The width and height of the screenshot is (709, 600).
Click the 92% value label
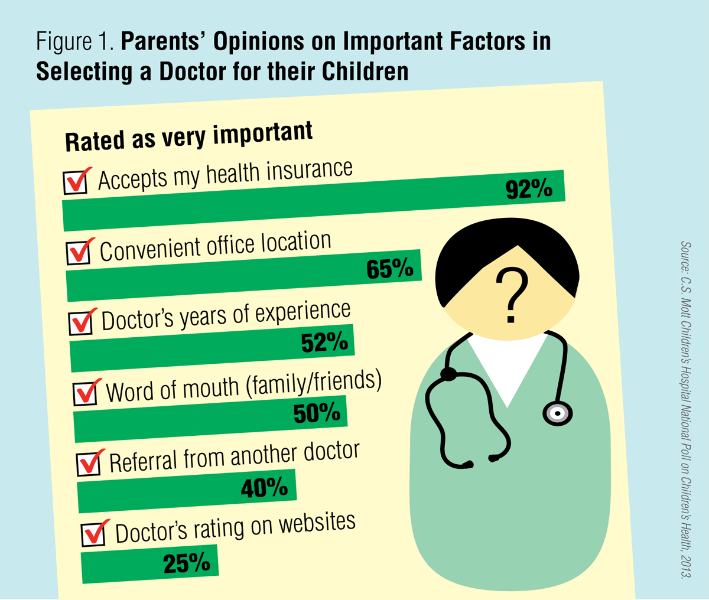pyautogui.click(x=529, y=189)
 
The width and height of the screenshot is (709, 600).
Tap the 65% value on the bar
pyautogui.click(x=389, y=269)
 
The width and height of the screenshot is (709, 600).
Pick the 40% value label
pyautogui.click(x=264, y=488)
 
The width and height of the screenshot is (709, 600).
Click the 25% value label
pyautogui.click(x=187, y=563)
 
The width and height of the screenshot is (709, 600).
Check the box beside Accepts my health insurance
pyautogui.click(x=76, y=182)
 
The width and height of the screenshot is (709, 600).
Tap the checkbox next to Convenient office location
pyautogui.click(x=79, y=253)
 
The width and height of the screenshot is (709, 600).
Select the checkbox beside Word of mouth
pyautogui.click(x=86, y=393)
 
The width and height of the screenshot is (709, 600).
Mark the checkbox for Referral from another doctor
pyautogui.click(x=89, y=464)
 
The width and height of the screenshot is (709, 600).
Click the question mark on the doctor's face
pyautogui.click(x=512, y=295)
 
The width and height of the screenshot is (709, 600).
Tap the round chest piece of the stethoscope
pyautogui.click(x=557, y=412)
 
